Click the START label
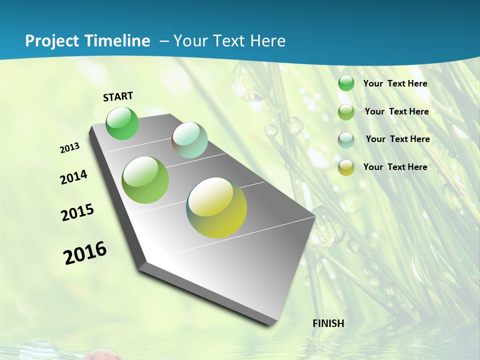click(118, 96)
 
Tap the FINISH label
click(328, 323)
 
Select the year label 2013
click(70, 148)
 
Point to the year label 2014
click(73, 177)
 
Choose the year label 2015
click(77, 212)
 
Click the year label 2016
click(85, 253)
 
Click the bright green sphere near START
click(122, 123)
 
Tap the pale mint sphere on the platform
click(189, 140)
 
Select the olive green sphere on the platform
click(145, 180)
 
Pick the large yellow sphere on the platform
click(216, 207)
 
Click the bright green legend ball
click(346, 83)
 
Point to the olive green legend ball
click(346, 112)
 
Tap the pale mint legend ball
click(346, 140)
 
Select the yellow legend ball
click(346, 167)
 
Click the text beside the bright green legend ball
click(395, 84)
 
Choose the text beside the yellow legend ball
click(395, 167)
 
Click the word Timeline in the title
click(119, 41)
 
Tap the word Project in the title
click(50, 41)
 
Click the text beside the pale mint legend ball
click(397, 139)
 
